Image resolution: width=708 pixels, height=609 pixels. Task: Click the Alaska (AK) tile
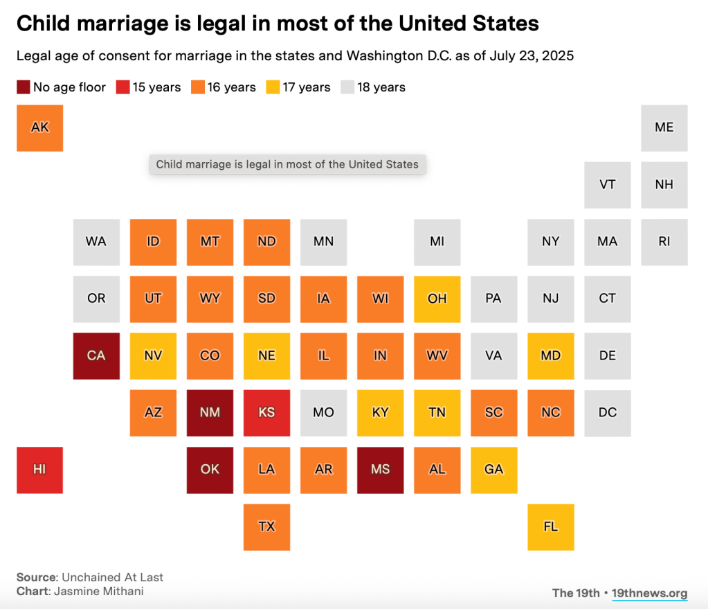pyautogui.click(x=40, y=127)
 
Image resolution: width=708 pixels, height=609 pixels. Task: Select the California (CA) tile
pyautogui.click(x=96, y=355)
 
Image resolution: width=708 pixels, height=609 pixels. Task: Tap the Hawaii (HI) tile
pyautogui.click(x=39, y=470)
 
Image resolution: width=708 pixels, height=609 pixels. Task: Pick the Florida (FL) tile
pyautogui.click(x=550, y=527)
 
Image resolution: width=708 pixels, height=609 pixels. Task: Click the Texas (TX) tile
pyautogui.click(x=266, y=527)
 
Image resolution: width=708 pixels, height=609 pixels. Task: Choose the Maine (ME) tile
pyautogui.click(x=664, y=127)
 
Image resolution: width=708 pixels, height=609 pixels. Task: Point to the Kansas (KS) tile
pyautogui.click(x=266, y=412)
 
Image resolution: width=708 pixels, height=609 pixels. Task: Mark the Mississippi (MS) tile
pyautogui.click(x=380, y=470)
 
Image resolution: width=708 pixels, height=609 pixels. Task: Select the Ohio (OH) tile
pyautogui.click(x=437, y=299)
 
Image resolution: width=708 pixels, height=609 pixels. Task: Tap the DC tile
pyautogui.click(x=607, y=412)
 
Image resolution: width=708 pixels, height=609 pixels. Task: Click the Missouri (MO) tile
pyautogui.click(x=323, y=412)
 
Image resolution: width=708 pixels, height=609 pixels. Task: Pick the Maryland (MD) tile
pyautogui.click(x=550, y=355)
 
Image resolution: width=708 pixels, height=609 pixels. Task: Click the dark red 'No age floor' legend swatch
pyautogui.click(x=24, y=87)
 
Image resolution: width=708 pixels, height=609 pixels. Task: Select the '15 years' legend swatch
pyautogui.click(x=123, y=87)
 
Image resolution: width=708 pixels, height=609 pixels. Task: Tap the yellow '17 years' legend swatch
pyautogui.click(x=273, y=87)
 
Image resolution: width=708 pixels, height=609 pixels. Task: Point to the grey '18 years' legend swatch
pyautogui.click(x=347, y=87)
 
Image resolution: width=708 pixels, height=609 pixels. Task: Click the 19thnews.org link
pyautogui.click(x=650, y=593)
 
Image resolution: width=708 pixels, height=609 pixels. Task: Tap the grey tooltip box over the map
pyautogui.click(x=287, y=165)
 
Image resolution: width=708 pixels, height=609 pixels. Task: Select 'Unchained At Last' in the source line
pyautogui.click(x=112, y=577)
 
